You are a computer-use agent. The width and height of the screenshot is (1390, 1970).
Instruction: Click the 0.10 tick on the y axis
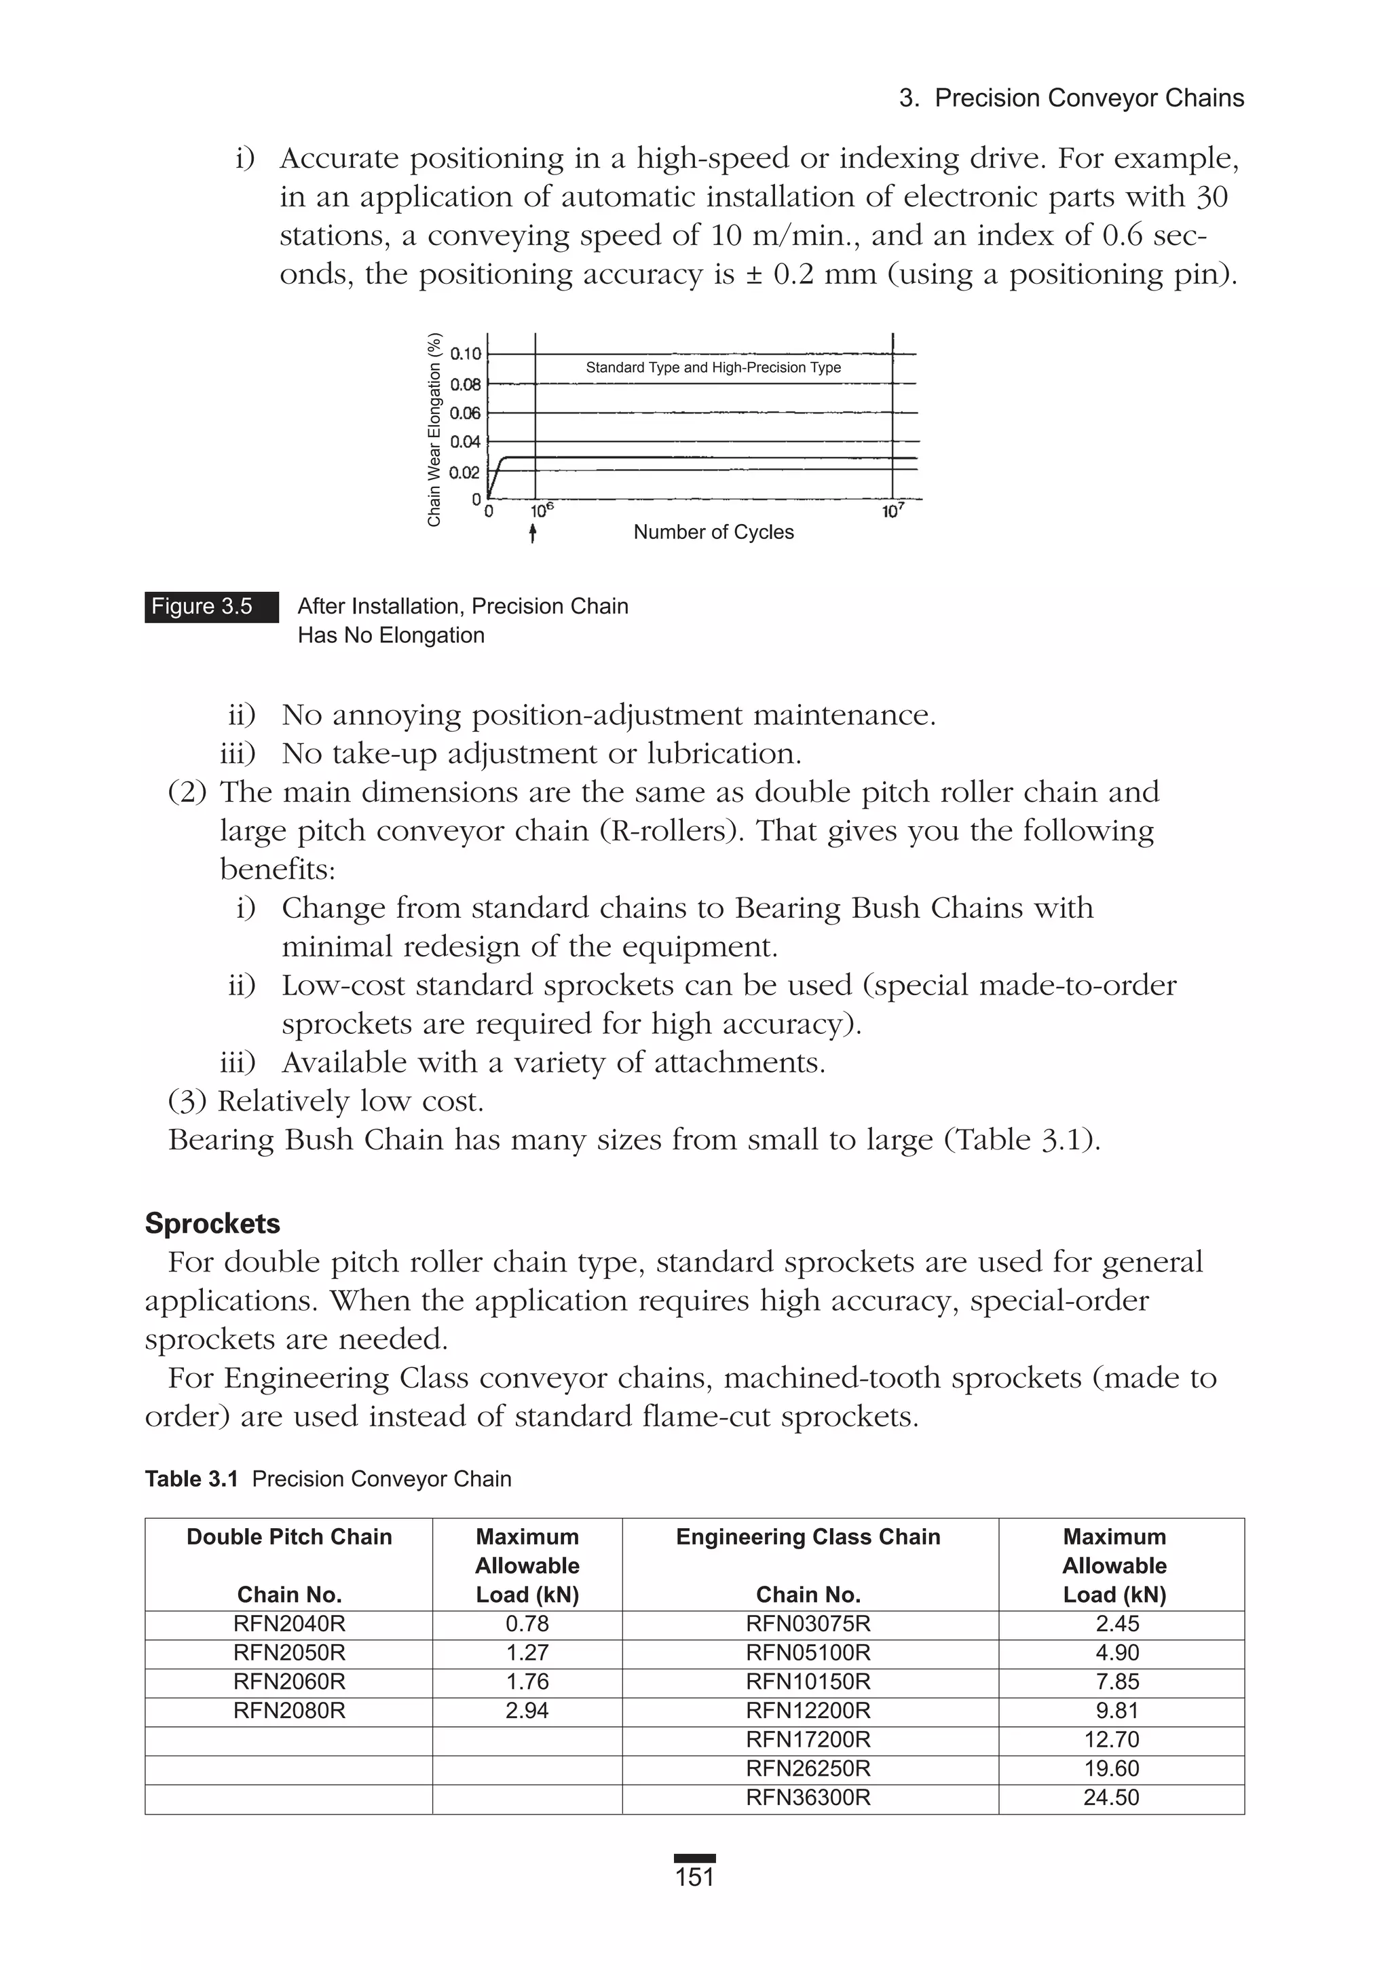(x=466, y=354)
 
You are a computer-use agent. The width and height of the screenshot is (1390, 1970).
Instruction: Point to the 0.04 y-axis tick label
(x=466, y=442)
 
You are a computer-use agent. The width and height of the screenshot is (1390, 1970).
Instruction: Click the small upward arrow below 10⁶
(x=533, y=534)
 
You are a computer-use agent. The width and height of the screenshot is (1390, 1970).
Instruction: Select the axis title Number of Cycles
(x=713, y=532)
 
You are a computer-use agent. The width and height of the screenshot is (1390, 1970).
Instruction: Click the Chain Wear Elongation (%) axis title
(x=434, y=429)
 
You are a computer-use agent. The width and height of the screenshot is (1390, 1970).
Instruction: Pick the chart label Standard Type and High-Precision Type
(x=713, y=367)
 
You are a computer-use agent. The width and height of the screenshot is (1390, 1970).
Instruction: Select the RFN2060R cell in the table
(x=289, y=1681)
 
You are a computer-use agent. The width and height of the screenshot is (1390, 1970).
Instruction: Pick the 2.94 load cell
(x=527, y=1711)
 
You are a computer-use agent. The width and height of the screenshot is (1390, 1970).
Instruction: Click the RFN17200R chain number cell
(x=808, y=1739)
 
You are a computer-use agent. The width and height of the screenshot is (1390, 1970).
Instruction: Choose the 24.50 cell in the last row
(x=1111, y=1798)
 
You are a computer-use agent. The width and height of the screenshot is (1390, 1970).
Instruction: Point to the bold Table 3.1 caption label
(x=191, y=1479)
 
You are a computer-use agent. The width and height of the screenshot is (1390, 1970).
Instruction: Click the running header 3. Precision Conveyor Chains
(x=1071, y=98)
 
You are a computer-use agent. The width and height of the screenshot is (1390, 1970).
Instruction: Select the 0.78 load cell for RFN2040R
(x=527, y=1623)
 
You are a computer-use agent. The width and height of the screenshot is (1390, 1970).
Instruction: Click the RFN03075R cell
(x=808, y=1623)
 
